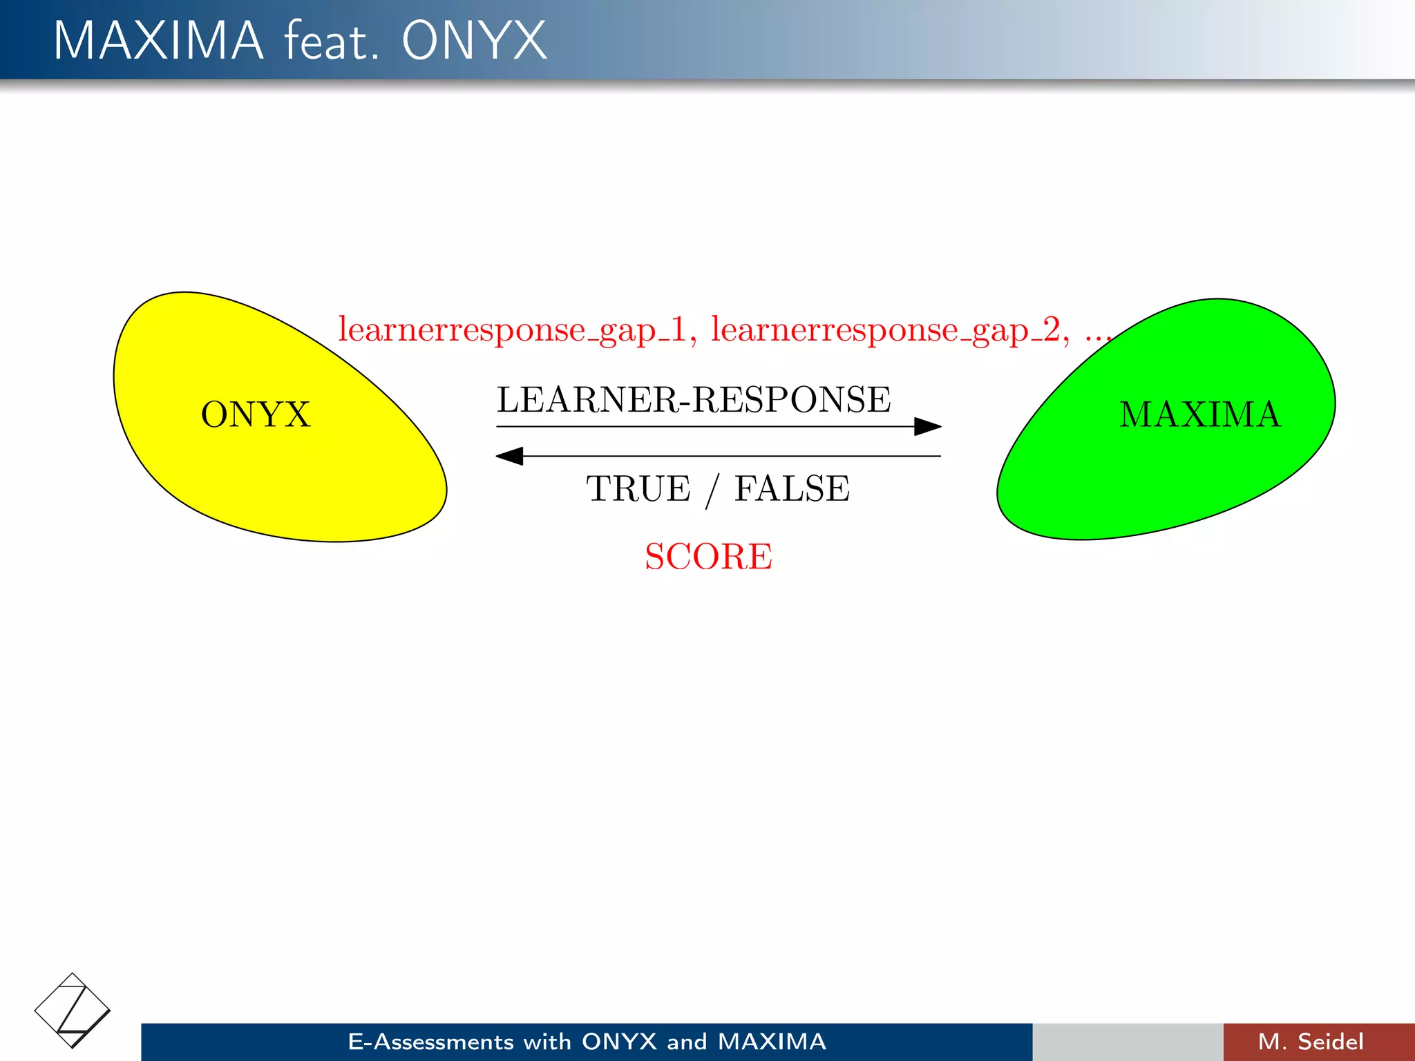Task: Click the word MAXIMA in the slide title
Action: click(158, 41)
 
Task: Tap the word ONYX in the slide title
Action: click(474, 41)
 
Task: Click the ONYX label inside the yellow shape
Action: click(256, 414)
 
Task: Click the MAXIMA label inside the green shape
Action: click(1200, 414)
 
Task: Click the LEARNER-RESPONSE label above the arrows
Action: click(694, 400)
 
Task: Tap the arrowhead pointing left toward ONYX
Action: click(510, 456)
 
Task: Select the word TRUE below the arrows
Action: click(638, 489)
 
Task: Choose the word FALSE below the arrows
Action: click(792, 489)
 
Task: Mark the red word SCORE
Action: click(708, 557)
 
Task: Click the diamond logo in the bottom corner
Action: click(72, 1010)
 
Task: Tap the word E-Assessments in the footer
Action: click(430, 1042)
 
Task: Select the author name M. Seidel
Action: click(1311, 1042)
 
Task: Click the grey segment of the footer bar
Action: click(1128, 1042)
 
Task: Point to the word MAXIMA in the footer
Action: click(772, 1042)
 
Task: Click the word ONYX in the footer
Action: click(619, 1042)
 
